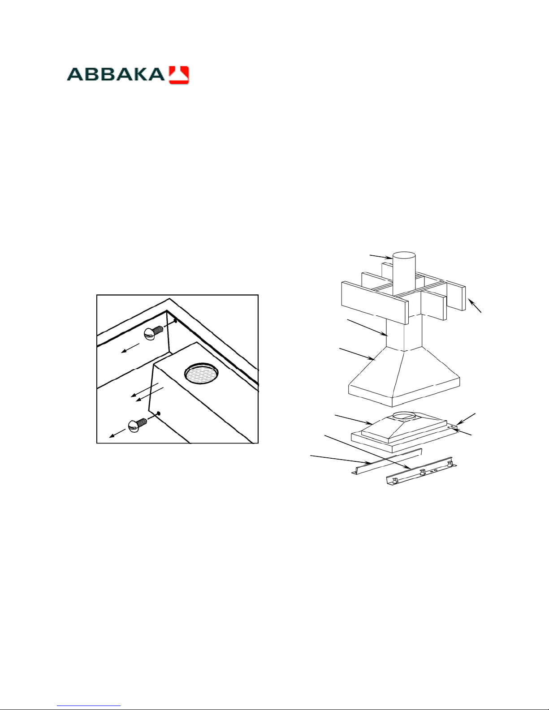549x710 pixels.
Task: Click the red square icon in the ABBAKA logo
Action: tap(179, 75)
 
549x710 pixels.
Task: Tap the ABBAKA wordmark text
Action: tap(116, 74)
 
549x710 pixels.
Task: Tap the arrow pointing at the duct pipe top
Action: tap(380, 256)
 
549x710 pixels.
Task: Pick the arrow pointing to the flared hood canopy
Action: tap(357, 354)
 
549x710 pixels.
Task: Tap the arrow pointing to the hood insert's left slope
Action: tap(354, 420)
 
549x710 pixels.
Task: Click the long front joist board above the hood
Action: tap(375, 303)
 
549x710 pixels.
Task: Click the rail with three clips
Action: tap(422, 472)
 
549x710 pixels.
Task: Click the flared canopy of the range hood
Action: tap(404, 376)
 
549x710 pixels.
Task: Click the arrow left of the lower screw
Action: tap(117, 433)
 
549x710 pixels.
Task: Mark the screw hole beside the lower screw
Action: tap(159, 413)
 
